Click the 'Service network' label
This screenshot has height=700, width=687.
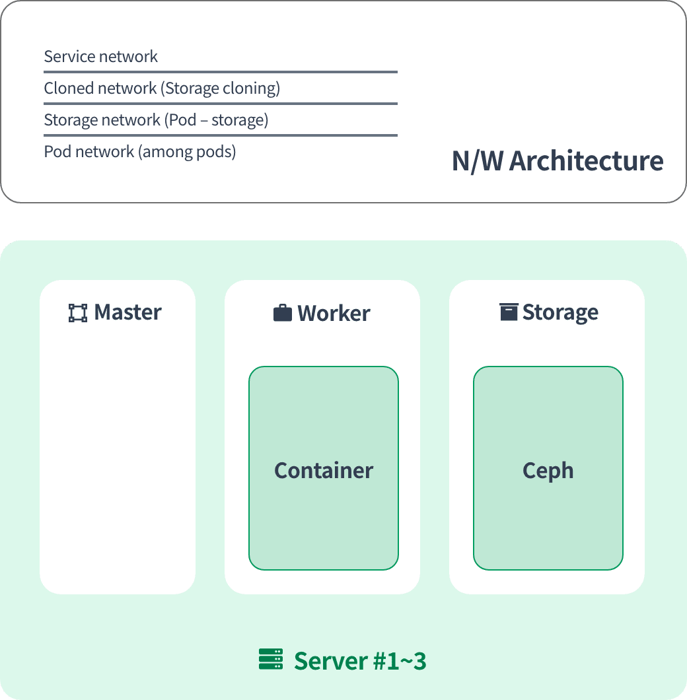100,57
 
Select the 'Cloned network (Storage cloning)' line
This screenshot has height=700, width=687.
162,88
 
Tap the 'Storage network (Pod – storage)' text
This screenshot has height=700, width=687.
156,120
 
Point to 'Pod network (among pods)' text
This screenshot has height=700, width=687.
140,152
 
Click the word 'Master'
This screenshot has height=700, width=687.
127,312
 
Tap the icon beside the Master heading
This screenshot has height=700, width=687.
78,313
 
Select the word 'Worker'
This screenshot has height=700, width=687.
334,313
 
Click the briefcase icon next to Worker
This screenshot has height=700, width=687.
282,313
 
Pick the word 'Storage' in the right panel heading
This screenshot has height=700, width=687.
560,312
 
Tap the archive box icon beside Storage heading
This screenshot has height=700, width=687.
509,312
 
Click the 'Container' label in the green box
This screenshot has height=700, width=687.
324,471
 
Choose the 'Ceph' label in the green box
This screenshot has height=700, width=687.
548,471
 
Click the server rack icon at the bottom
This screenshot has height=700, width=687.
271,659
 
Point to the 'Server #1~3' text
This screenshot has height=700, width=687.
360,661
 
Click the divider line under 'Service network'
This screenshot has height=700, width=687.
221,72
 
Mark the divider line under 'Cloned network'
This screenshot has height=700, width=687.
221,104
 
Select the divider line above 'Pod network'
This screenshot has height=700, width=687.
221,135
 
